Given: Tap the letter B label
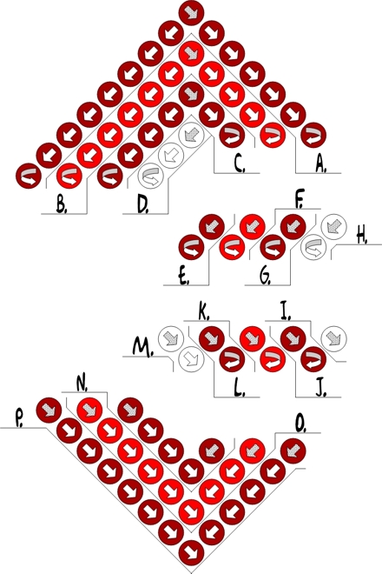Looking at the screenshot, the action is coord(62,206).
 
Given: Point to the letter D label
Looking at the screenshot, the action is coord(143,206).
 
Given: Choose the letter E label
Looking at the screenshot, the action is coord(184,277).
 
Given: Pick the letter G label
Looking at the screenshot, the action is coord(266,277).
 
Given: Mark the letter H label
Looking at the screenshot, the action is coord(362,237).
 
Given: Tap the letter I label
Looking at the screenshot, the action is coord(285,314).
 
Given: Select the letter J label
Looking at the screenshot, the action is coord(321,390).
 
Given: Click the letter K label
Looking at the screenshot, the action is coord(204,314).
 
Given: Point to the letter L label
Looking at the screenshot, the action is coord(240,390).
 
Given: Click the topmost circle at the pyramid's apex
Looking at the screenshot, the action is coord(191,13).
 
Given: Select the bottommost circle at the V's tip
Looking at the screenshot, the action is coord(191,553).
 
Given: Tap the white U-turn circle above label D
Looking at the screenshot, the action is coord(150,177).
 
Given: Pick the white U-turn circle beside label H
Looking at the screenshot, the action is coord(313,248).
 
